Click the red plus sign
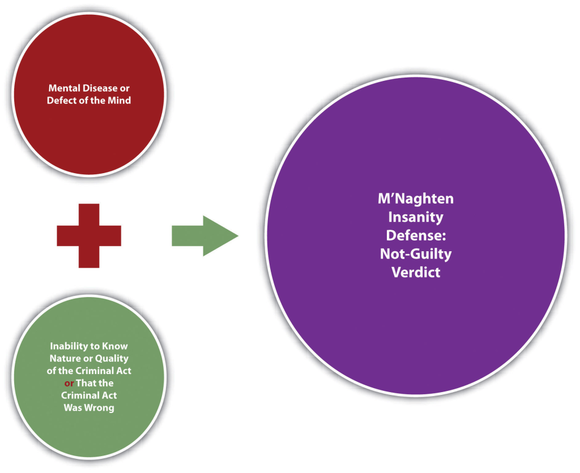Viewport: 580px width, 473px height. tap(89, 235)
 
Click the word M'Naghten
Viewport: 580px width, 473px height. tap(416, 199)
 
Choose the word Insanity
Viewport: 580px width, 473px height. tap(416, 217)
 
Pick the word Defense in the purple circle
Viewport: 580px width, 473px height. tap(416, 235)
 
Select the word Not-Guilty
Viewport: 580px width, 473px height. tap(416, 253)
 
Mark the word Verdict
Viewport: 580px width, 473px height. tap(416, 272)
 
